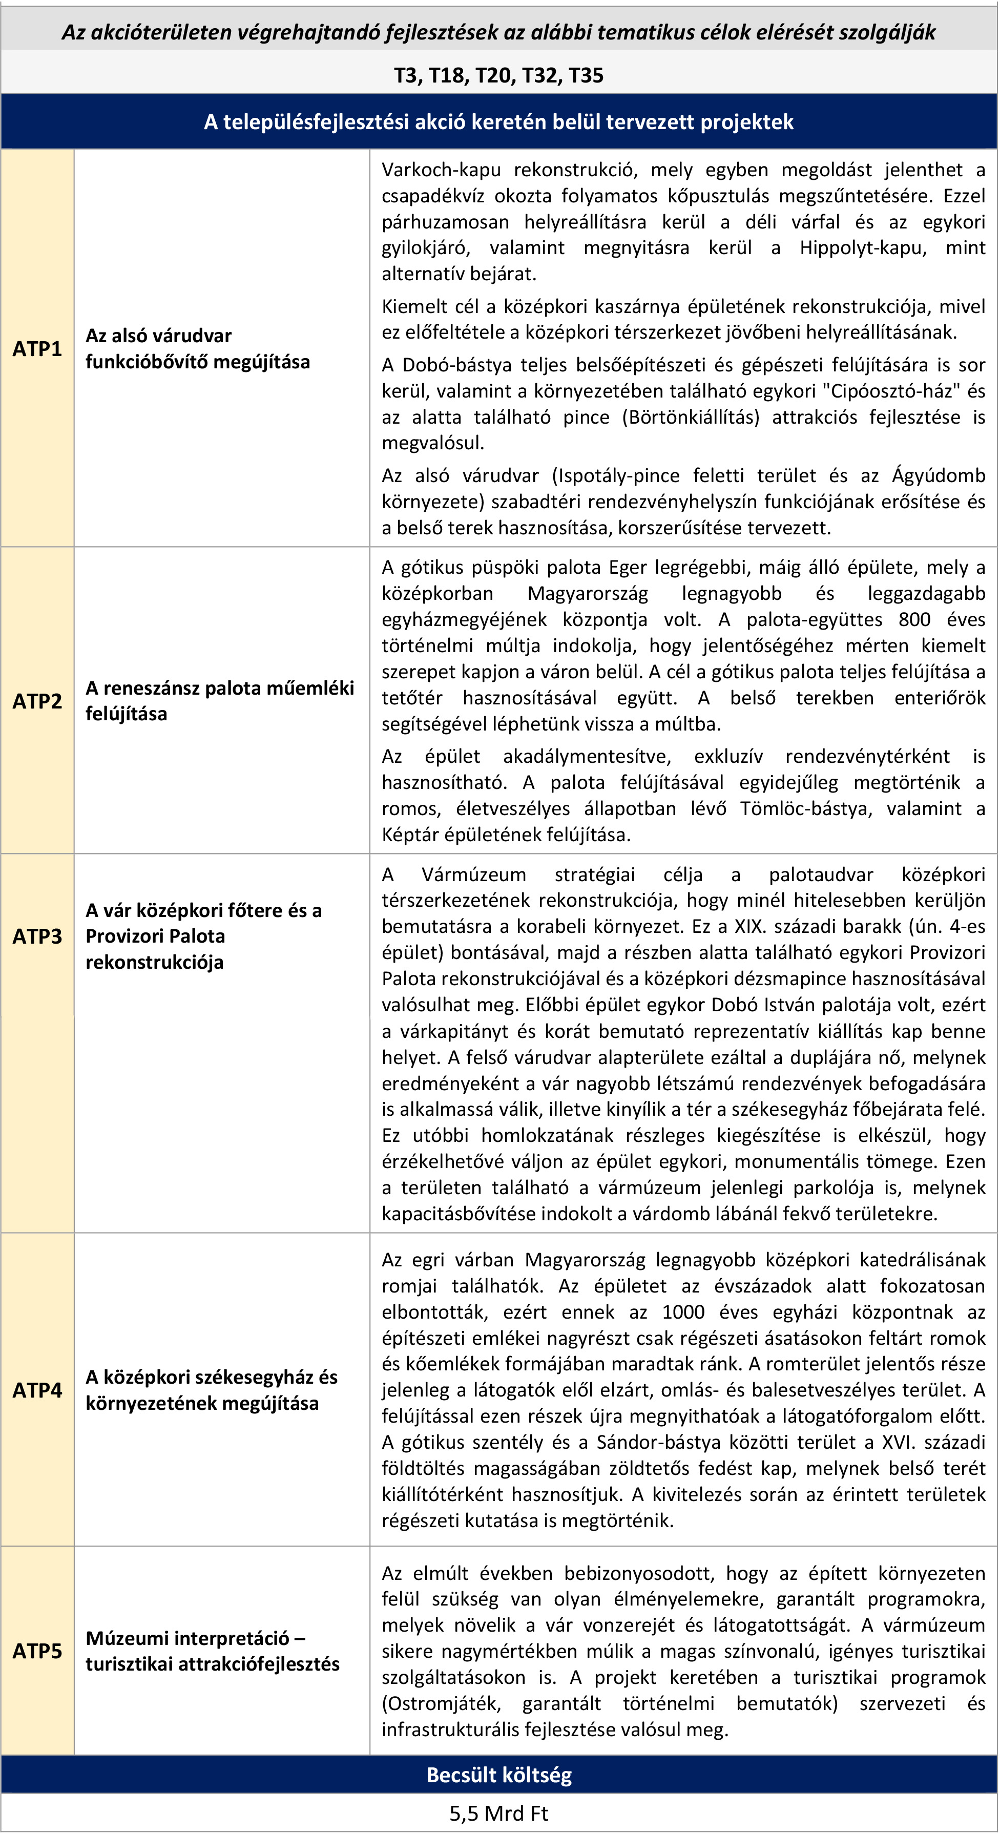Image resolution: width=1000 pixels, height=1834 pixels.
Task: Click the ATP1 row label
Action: (37, 349)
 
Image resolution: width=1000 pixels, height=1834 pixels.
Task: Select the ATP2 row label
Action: (37, 701)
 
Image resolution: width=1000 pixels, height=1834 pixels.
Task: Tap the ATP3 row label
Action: (37, 936)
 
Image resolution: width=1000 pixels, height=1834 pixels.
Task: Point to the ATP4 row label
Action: (37, 1390)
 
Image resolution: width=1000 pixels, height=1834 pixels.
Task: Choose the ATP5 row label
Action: (37, 1651)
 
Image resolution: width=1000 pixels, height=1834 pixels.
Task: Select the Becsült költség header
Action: (499, 1775)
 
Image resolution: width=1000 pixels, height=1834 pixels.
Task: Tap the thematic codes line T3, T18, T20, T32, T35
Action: (499, 75)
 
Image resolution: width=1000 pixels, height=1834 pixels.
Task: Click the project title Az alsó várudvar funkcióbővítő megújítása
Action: (198, 349)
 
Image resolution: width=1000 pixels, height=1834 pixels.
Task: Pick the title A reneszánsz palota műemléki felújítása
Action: (219, 701)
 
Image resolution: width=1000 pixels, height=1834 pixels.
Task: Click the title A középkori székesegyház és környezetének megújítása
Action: (212, 1390)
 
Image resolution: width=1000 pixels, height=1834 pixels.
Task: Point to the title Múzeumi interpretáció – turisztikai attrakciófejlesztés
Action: (212, 1651)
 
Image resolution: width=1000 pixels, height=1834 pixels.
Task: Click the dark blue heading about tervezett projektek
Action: (499, 122)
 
